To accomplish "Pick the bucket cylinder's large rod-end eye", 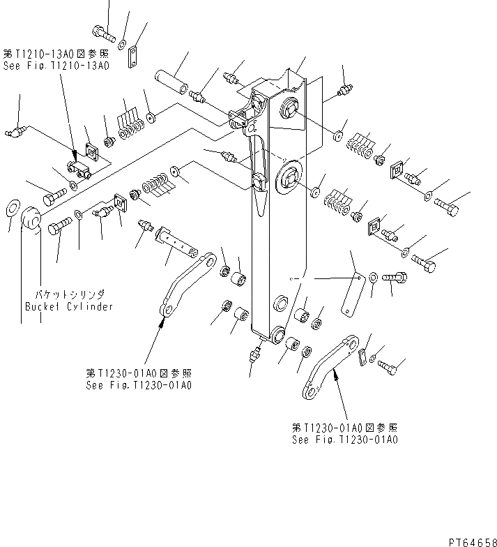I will [32, 220].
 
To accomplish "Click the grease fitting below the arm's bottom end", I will [252, 355].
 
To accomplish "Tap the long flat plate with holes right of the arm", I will [352, 294].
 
